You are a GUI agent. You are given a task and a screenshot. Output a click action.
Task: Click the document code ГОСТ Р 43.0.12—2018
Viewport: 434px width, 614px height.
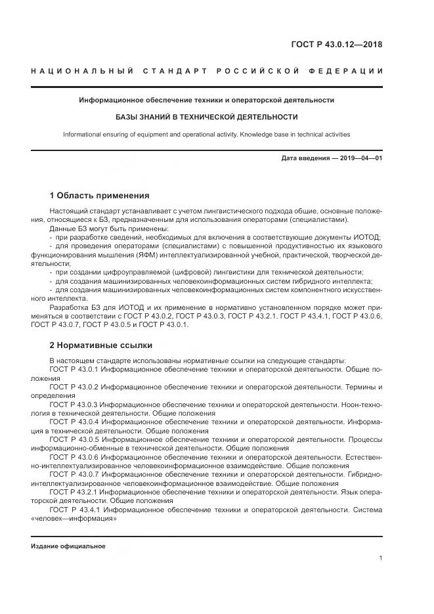336,45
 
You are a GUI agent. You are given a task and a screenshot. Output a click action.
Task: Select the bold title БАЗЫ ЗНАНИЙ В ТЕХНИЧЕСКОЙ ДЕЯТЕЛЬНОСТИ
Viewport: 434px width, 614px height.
206,117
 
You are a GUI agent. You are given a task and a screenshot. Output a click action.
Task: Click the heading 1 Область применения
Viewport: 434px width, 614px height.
99,196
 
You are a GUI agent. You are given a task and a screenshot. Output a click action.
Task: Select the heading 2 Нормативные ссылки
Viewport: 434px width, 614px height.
100,345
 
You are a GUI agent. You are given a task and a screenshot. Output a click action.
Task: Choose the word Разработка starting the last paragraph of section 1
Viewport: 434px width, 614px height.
70,306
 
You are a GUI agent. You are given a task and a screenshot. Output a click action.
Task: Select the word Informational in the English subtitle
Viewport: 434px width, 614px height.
83,135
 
